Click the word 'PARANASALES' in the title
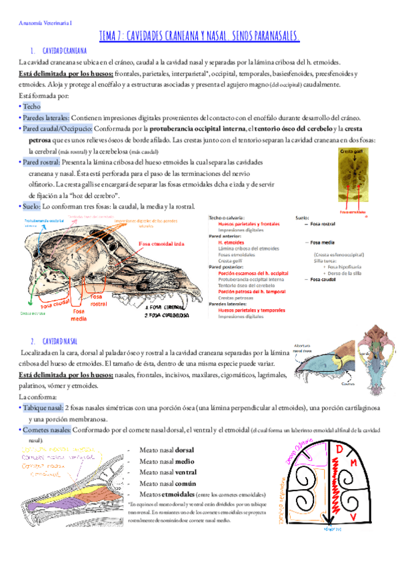(268, 35)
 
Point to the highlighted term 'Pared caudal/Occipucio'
(57, 128)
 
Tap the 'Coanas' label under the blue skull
(328, 383)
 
